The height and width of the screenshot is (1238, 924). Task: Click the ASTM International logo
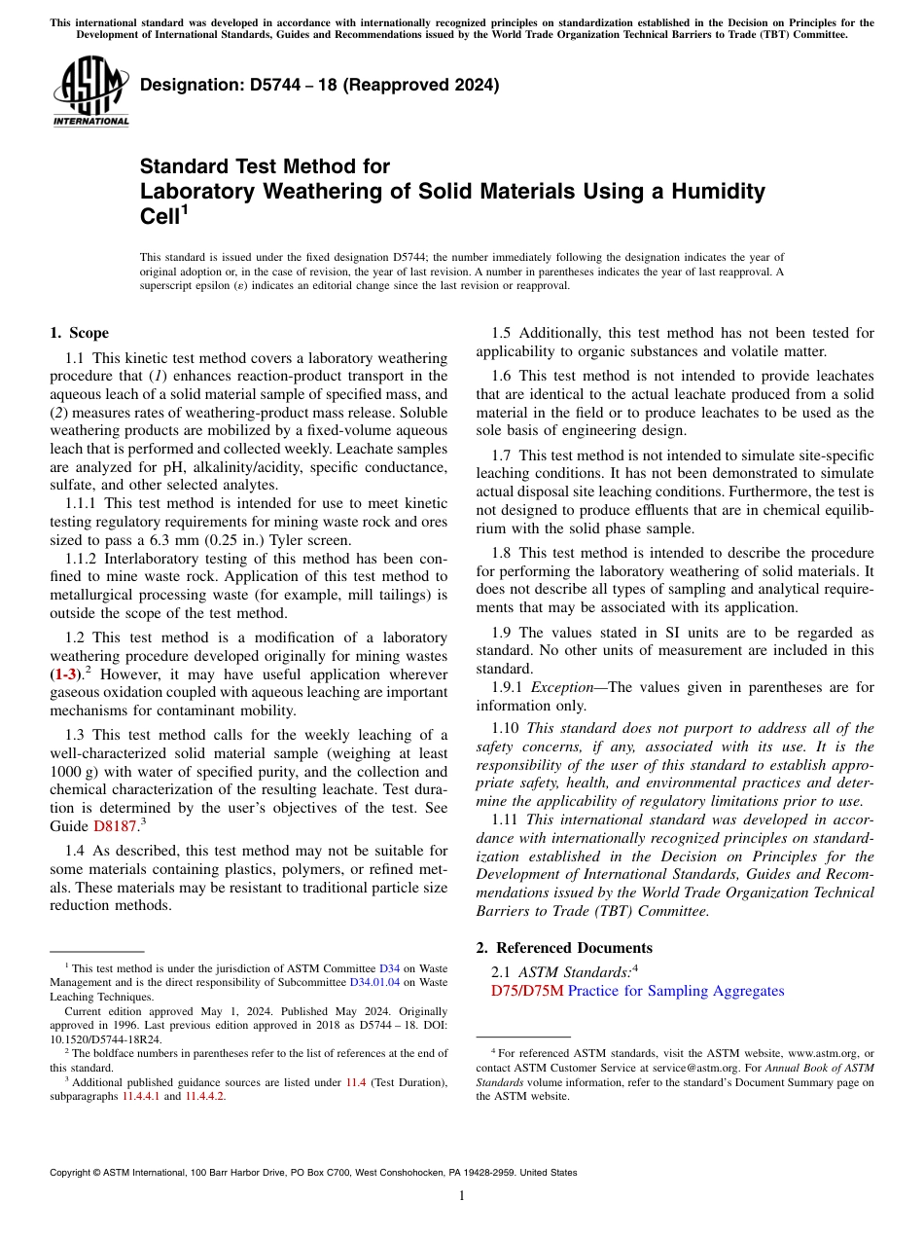click(90, 92)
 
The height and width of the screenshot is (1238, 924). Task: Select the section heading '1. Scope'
click(79, 333)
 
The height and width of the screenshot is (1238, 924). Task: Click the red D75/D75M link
click(527, 991)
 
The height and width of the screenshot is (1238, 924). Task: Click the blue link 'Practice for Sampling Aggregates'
click(675, 991)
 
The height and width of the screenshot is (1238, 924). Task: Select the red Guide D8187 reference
click(115, 826)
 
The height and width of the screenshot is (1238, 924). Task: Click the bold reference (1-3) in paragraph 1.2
click(67, 674)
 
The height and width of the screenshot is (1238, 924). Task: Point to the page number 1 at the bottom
click(462, 1195)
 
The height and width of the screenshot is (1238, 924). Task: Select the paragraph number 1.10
click(507, 728)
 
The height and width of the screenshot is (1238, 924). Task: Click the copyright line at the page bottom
click(312, 1173)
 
